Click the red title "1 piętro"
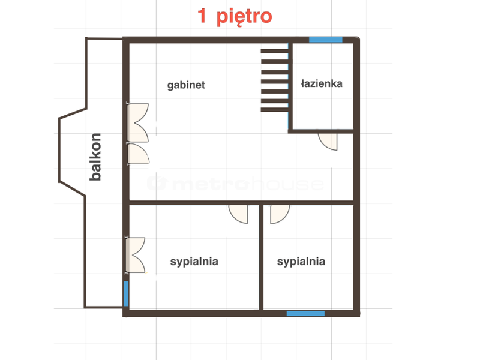point(235,17)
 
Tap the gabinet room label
point(186,85)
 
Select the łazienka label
point(322,83)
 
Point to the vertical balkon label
point(95,157)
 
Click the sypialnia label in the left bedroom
point(194,262)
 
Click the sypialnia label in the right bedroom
point(301,262)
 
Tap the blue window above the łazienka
point(325,40)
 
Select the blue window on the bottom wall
point(305,313)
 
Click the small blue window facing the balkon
point(126,293)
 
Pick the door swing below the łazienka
point(328,142)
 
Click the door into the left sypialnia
point(238,214)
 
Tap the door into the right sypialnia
point(280,214)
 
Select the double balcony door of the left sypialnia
point(135,255)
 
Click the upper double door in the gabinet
point(138,123)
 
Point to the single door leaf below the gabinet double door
point(139,154)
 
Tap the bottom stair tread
point(275,110)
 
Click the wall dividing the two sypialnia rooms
point(261,257)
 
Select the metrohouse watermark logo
point(235,183)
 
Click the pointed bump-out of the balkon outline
point(59,150)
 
